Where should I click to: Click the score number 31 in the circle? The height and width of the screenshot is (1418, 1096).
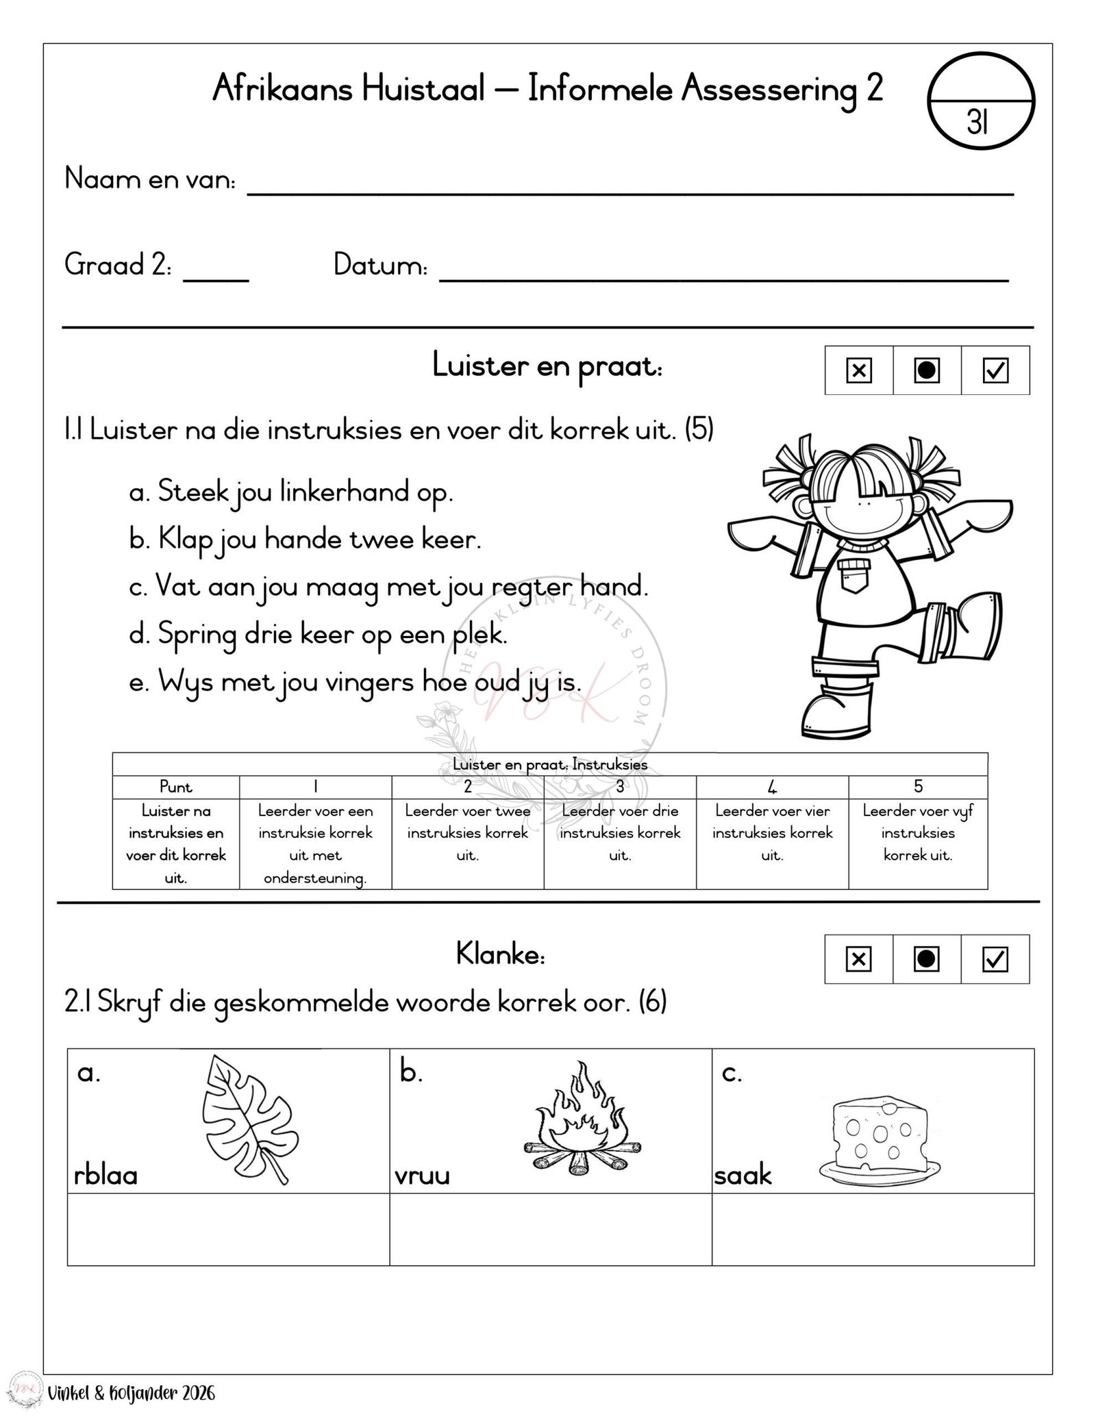click(x=977, y=123)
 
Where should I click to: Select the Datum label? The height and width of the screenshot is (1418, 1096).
click(x=380, y=266)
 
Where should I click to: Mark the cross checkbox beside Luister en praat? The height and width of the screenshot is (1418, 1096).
click(x=858, y=370)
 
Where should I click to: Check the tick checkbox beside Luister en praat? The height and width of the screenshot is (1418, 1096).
click(x=995, y=370)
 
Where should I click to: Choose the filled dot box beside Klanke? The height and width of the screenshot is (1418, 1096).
click(x=926, y=959)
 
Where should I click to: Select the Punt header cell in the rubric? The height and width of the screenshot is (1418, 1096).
click(x=176, y=787)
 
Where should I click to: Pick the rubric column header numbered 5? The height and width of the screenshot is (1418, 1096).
click(x=918, y=787)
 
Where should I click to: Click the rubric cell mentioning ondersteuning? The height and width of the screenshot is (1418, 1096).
click(x=315, y=844)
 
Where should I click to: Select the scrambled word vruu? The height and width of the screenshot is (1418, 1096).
click(x=423, y=1176)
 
